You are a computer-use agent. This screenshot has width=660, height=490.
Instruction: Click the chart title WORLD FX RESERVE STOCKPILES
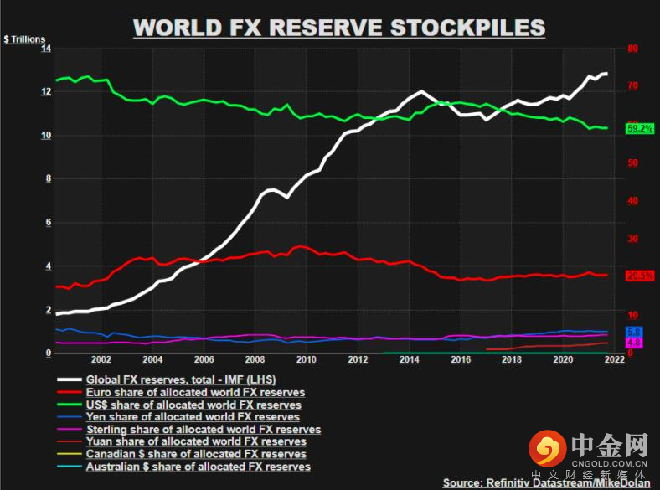(339, 27)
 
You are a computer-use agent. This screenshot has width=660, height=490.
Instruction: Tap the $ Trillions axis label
(24, 39)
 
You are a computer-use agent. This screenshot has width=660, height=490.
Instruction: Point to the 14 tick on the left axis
(46, 49)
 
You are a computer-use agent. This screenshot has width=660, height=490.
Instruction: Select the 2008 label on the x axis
(255, 360)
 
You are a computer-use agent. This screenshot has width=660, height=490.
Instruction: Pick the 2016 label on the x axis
(461, 360)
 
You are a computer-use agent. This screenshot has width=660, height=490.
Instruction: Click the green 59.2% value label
(639, 128)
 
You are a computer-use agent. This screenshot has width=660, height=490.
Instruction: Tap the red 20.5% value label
(639, 276)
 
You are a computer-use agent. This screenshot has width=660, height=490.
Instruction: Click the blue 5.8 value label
(634, 333)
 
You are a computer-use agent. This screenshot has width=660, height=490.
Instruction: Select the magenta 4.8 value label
(634, 343)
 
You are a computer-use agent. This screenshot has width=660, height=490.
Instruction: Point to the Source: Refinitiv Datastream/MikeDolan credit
(549, 482)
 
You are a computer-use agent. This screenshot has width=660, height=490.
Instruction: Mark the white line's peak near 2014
(420, 91)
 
